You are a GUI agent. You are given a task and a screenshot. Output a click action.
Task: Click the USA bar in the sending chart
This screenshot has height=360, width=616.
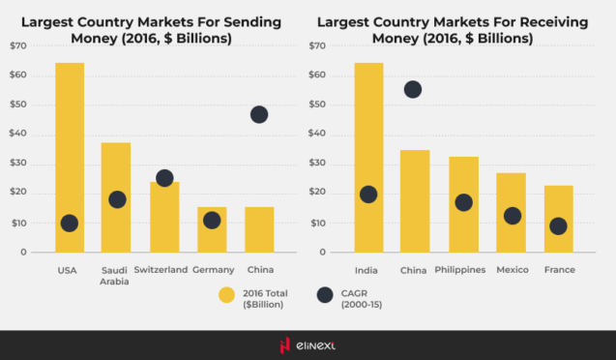[70, 145]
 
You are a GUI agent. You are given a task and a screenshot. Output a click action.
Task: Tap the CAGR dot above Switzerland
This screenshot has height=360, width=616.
[164, 178]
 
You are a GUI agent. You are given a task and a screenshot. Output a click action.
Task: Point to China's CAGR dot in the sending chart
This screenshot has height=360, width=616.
[259, 114]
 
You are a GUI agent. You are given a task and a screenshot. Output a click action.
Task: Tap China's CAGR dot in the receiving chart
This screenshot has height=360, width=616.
[413, 89]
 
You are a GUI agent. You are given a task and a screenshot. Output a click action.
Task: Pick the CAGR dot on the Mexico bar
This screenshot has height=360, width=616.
[512, 216]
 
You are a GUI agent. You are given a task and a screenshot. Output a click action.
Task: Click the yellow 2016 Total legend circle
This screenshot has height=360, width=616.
[226, 296]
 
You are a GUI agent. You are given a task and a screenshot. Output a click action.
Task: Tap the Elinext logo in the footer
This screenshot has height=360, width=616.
[308, 345]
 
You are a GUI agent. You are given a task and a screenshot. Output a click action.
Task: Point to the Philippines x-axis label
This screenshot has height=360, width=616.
[460, 269]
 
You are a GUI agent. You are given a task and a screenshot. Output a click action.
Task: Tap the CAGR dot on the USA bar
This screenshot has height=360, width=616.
[69, 224]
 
